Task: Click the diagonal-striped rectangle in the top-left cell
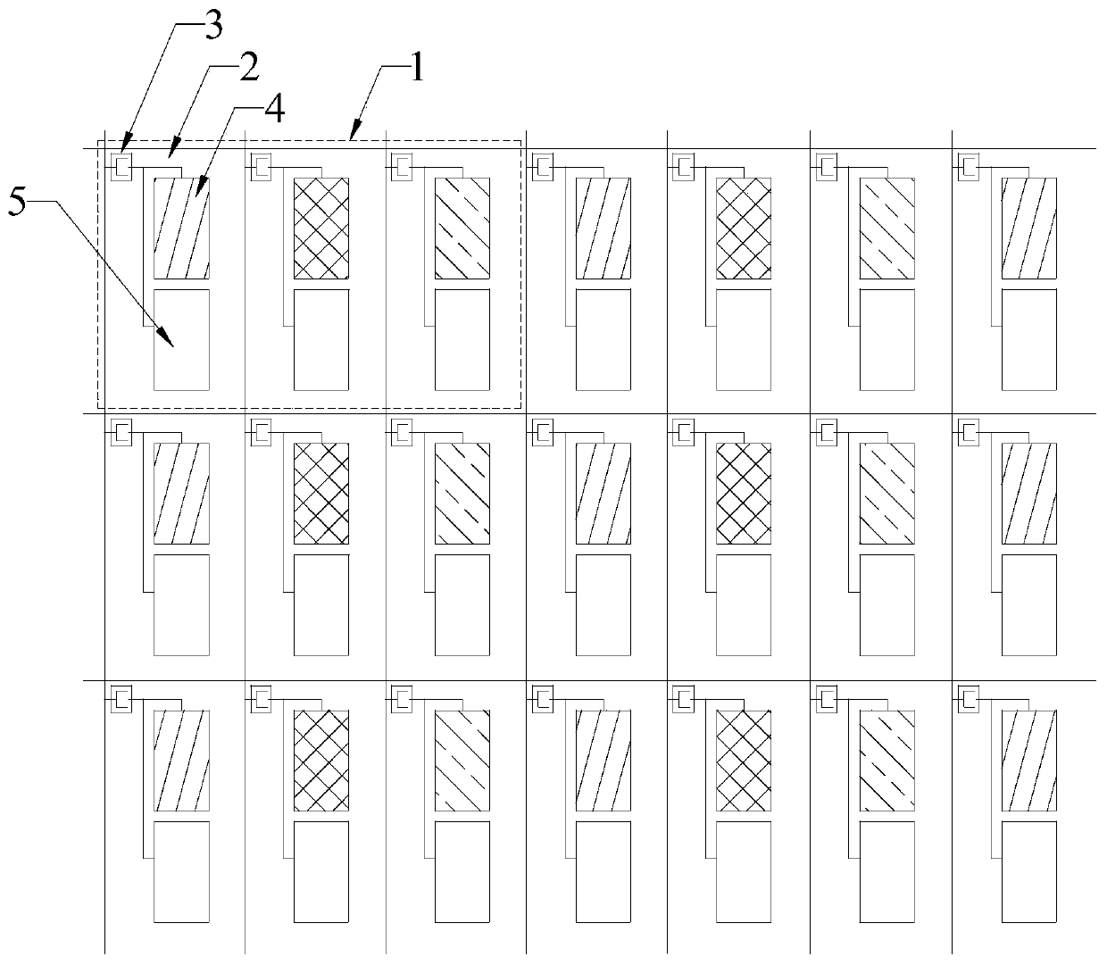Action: (x=182, y=229)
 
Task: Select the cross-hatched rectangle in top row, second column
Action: (x=321, y=229)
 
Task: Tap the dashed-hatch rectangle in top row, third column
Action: (x=462, y=229)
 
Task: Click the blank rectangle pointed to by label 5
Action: (x=182, y=339)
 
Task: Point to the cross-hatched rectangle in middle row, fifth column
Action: (x=745, y=494)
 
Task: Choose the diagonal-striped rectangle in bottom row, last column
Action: (x=1029, y=761)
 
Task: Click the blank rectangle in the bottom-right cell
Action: (x=1029, y=872)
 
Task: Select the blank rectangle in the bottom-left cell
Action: (x=182, y=872)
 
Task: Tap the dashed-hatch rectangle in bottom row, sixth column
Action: (x=886, y=761)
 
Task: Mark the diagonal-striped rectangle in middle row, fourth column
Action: (x=603, y=494)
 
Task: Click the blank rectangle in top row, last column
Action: (x=1029, y=339)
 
